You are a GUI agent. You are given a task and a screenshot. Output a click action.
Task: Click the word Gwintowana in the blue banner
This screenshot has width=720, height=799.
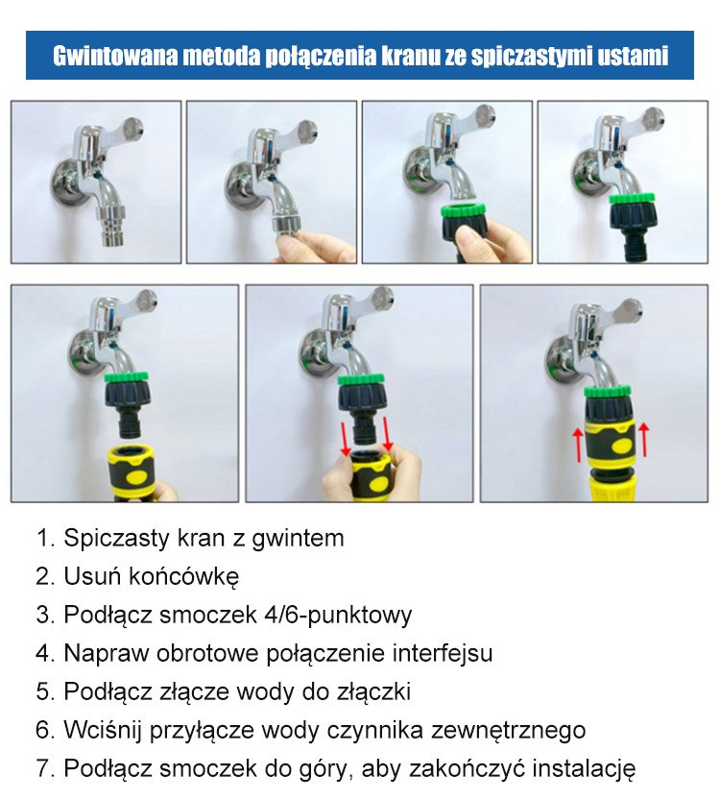115,56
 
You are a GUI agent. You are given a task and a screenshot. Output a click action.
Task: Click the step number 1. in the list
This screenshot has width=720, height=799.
46,538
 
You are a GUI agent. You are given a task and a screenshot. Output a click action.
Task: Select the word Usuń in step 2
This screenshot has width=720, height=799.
92,576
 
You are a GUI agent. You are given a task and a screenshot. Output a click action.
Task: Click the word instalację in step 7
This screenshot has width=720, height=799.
584,769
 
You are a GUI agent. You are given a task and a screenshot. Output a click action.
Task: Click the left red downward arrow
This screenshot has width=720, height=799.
344,436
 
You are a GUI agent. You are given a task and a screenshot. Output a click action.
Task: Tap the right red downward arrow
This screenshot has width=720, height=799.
387,434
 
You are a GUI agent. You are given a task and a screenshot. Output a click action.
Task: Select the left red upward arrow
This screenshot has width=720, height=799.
578,445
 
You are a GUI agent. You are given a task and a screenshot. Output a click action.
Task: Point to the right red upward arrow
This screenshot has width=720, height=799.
644,440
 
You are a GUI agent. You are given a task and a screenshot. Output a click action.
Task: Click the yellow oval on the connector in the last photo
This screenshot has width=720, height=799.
623,447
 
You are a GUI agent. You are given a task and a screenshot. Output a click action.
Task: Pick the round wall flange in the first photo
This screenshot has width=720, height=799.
66,182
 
